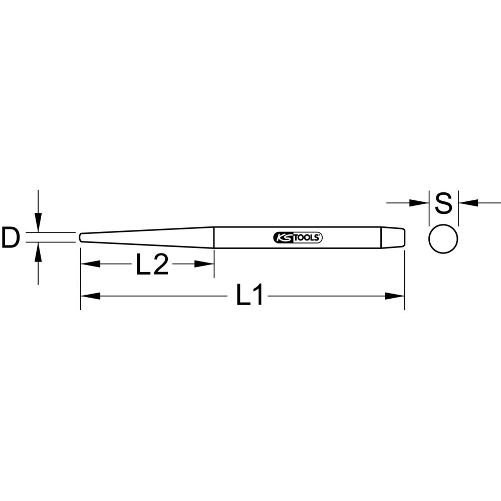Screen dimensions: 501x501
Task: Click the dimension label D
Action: [11, 237]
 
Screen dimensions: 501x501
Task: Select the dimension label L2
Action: [152, 264]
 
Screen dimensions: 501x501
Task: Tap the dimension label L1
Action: [249, 295]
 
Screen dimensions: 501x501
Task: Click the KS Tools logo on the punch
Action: [298, 237]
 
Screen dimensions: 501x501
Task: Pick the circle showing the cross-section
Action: [443, 239]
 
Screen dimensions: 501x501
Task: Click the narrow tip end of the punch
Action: [81, 237]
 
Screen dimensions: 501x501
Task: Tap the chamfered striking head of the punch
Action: [393, 237]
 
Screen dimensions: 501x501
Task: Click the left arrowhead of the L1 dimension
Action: [90, 296]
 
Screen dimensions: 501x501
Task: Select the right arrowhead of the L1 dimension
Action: [395, 296]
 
